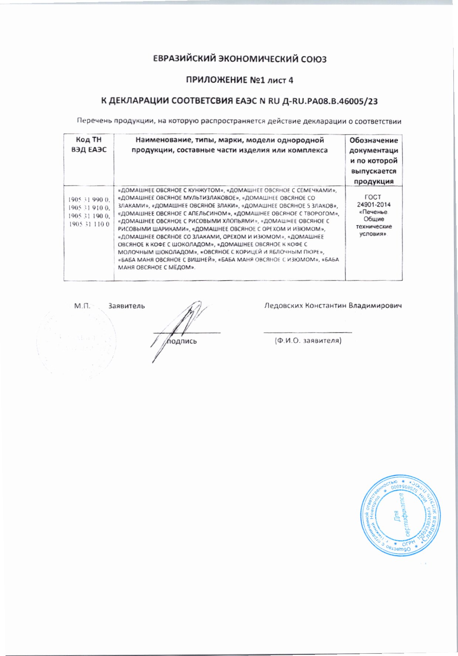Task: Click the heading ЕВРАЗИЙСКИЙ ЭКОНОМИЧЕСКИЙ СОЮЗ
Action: click(x=240, y=59)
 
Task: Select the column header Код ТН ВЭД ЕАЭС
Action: click(x=88, y=145)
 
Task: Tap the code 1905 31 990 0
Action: click(x=89, y=200)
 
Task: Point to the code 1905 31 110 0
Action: click(x=89, y=224)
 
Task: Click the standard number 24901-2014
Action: click(x=374, y=204)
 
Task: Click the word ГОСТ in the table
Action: click(x=374, y=197)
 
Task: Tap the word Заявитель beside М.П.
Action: click(x=126, y=306)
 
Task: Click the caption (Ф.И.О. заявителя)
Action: click(x=308, y=340)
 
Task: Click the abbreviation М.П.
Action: click(x=82, y=306)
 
